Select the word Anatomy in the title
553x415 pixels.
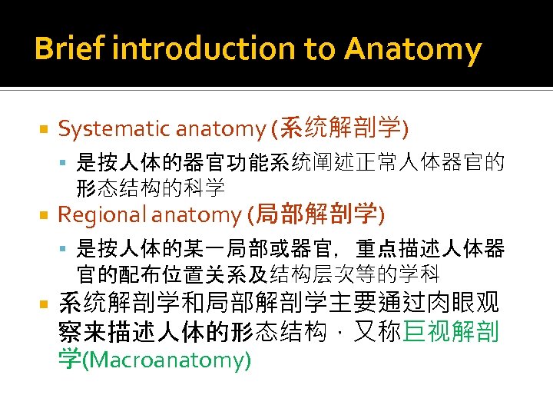pyautogui.click(x=413, y=50)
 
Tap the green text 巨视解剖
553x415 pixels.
pyautogui.click(x=451, y=332)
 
